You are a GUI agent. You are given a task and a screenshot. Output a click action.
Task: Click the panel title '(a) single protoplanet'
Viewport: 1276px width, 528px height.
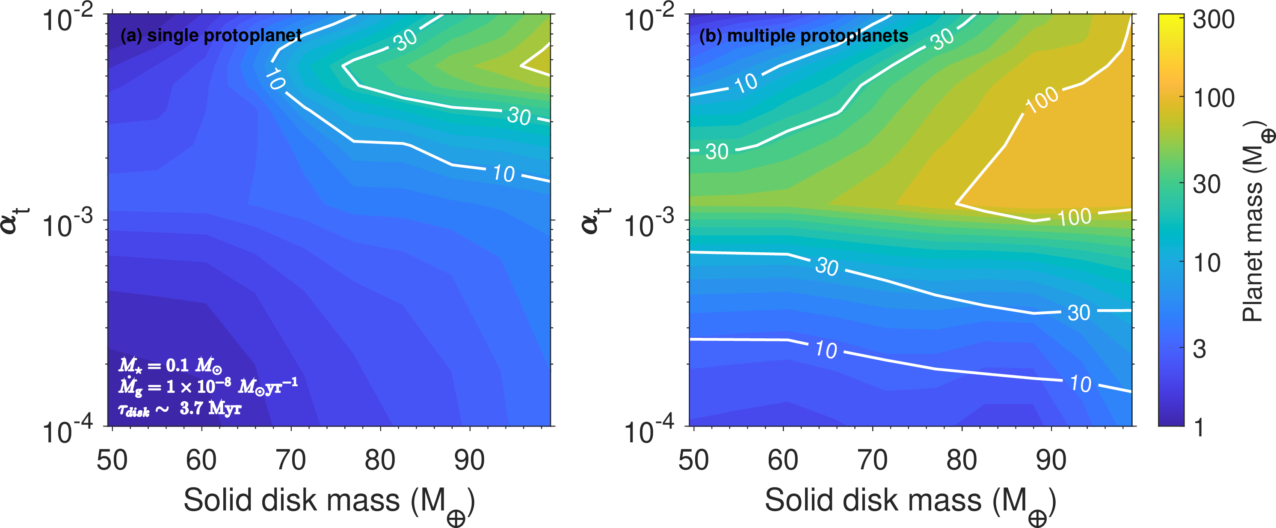[x=211, y=36]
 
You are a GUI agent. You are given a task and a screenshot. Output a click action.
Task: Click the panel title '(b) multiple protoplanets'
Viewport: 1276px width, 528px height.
[x=803, y=36]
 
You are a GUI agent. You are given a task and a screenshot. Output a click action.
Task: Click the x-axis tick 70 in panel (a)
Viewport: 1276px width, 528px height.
[x=291, y=459]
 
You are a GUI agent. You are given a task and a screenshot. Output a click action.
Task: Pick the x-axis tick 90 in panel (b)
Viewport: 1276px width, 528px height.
[x=1051, y=459]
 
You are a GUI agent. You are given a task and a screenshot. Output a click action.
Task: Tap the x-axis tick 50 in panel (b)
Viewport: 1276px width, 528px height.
[x=693, y=459]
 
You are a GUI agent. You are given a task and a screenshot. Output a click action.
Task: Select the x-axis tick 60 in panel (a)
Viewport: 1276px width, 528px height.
[x=201, y=459]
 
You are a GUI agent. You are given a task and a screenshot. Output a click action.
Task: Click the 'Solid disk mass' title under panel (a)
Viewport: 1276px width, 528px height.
[x=329, y=502]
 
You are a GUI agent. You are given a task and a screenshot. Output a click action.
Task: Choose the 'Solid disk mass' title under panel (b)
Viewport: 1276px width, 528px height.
[x=910, y=502]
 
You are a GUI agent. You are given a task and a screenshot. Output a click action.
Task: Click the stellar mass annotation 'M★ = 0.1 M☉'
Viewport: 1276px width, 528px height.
[x=170, y=366]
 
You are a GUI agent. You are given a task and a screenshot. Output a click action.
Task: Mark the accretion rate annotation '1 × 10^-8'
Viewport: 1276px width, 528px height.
[x=198, y=386]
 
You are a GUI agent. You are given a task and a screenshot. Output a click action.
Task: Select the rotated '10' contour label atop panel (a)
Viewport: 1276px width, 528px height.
[x=275, y=79]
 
